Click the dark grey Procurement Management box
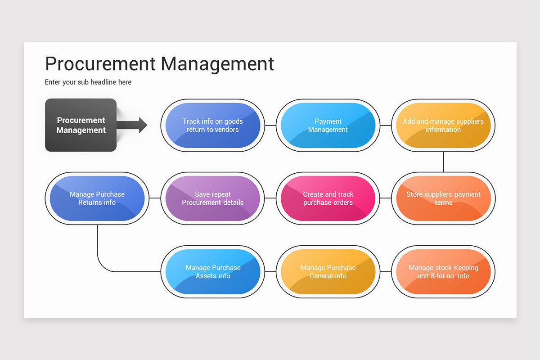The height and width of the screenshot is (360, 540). [81, 125]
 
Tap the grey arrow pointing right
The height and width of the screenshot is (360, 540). [133, 125]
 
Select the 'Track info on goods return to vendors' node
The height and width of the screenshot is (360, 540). [212, 125]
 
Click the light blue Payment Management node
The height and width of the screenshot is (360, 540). [328, 125]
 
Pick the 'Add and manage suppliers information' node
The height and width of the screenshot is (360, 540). [443, 125]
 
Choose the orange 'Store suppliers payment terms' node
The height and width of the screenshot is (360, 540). [443, 198]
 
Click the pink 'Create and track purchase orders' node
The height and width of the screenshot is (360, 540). [328, 198]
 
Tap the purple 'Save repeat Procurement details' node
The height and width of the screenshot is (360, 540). [212, 198]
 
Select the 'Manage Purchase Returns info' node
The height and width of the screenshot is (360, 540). [97, 198]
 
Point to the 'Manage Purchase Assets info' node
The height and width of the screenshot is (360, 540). [212, 272]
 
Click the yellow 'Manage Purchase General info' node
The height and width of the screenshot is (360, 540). [328, 272]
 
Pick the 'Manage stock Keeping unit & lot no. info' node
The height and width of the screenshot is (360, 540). [443, 272]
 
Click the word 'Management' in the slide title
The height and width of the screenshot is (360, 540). [218, 64]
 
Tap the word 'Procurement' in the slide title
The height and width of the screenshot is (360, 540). [100, 64]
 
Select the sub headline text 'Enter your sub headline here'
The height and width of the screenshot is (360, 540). [88, 82]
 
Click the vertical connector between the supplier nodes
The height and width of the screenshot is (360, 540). [443, 162]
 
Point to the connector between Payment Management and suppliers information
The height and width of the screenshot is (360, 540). [385, 125]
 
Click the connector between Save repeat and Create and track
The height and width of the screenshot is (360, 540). [270, 198]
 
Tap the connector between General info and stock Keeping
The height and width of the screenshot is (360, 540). [385, 272]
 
